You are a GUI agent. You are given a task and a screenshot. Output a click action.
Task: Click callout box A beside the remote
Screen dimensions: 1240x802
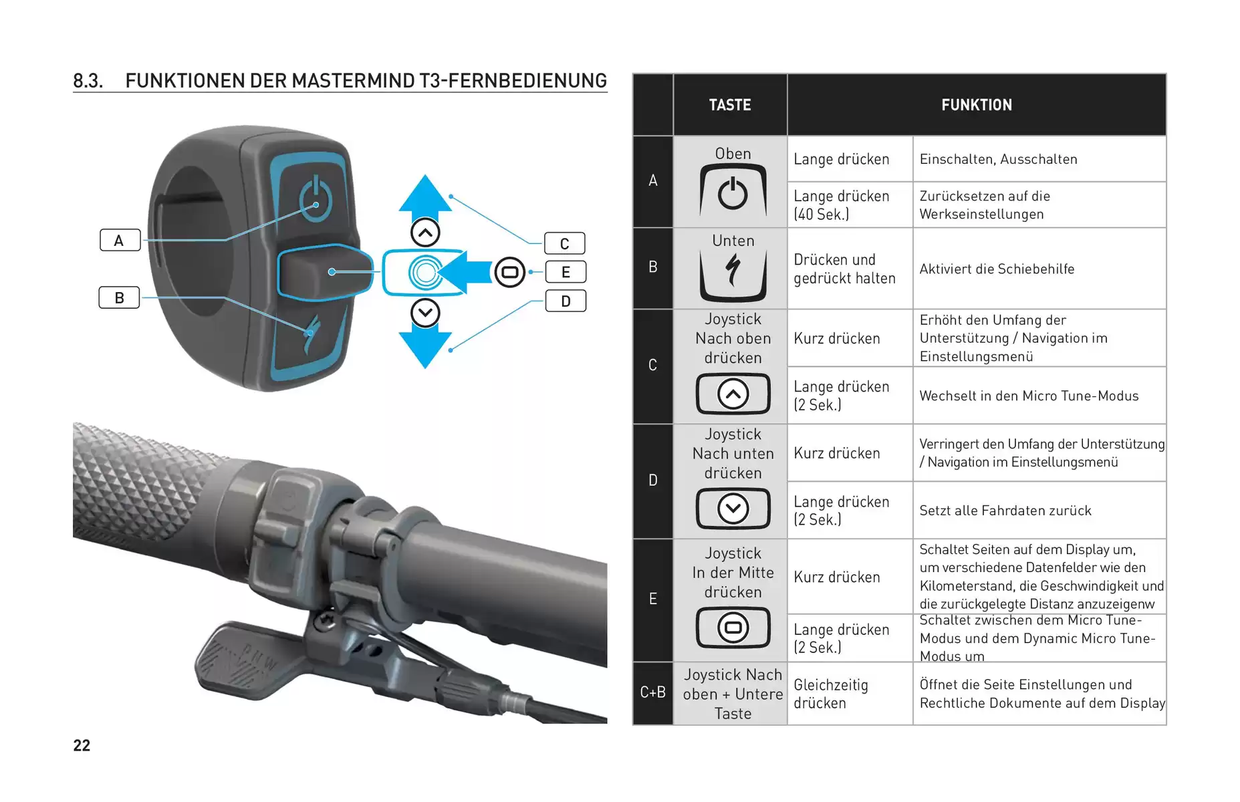click(x=120, y=240)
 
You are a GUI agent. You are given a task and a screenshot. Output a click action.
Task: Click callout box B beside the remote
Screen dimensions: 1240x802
click(x=120, y=297)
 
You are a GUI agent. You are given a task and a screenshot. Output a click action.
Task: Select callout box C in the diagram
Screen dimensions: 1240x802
click(x=565, y=243)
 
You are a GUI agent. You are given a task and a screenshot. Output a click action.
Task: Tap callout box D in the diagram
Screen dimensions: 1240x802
click(x=566, y=301)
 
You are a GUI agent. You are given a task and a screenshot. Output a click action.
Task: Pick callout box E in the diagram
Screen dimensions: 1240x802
click(x=566, y=272)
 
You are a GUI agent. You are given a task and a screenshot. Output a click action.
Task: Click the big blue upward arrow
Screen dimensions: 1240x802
click(x=425, y=194)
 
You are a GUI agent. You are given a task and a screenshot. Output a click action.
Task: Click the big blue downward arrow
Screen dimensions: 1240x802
click(x=425, y=348)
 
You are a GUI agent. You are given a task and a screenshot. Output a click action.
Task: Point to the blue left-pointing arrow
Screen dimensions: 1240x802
click(x=465, y=272)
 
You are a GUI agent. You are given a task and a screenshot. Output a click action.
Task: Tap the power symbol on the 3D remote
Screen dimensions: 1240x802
click(x=316, y=198)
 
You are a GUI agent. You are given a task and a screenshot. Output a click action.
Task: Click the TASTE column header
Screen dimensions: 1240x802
click(x=730, y=105)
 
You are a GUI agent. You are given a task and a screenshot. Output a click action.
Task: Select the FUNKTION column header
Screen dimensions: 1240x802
click(x=977, y=105)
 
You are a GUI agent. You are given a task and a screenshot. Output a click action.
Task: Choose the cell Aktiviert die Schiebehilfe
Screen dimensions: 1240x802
click(x=997, y=269)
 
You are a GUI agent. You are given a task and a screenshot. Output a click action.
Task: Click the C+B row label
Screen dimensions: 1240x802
click(x=652, y=692)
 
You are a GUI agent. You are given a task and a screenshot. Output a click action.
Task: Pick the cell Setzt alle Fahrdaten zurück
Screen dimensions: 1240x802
click(x=1005, y=511)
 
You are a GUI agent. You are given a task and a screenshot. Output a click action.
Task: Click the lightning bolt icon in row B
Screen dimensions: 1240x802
click(x=733, y=271)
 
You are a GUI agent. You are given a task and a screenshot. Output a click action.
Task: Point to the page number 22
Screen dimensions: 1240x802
click(x=82, y=745)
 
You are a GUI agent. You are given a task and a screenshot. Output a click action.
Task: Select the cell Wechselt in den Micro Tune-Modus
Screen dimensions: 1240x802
click(x=1029, y=396)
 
